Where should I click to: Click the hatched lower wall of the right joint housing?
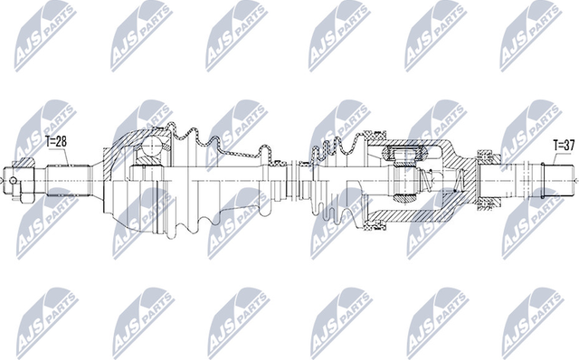coord(398,217)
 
